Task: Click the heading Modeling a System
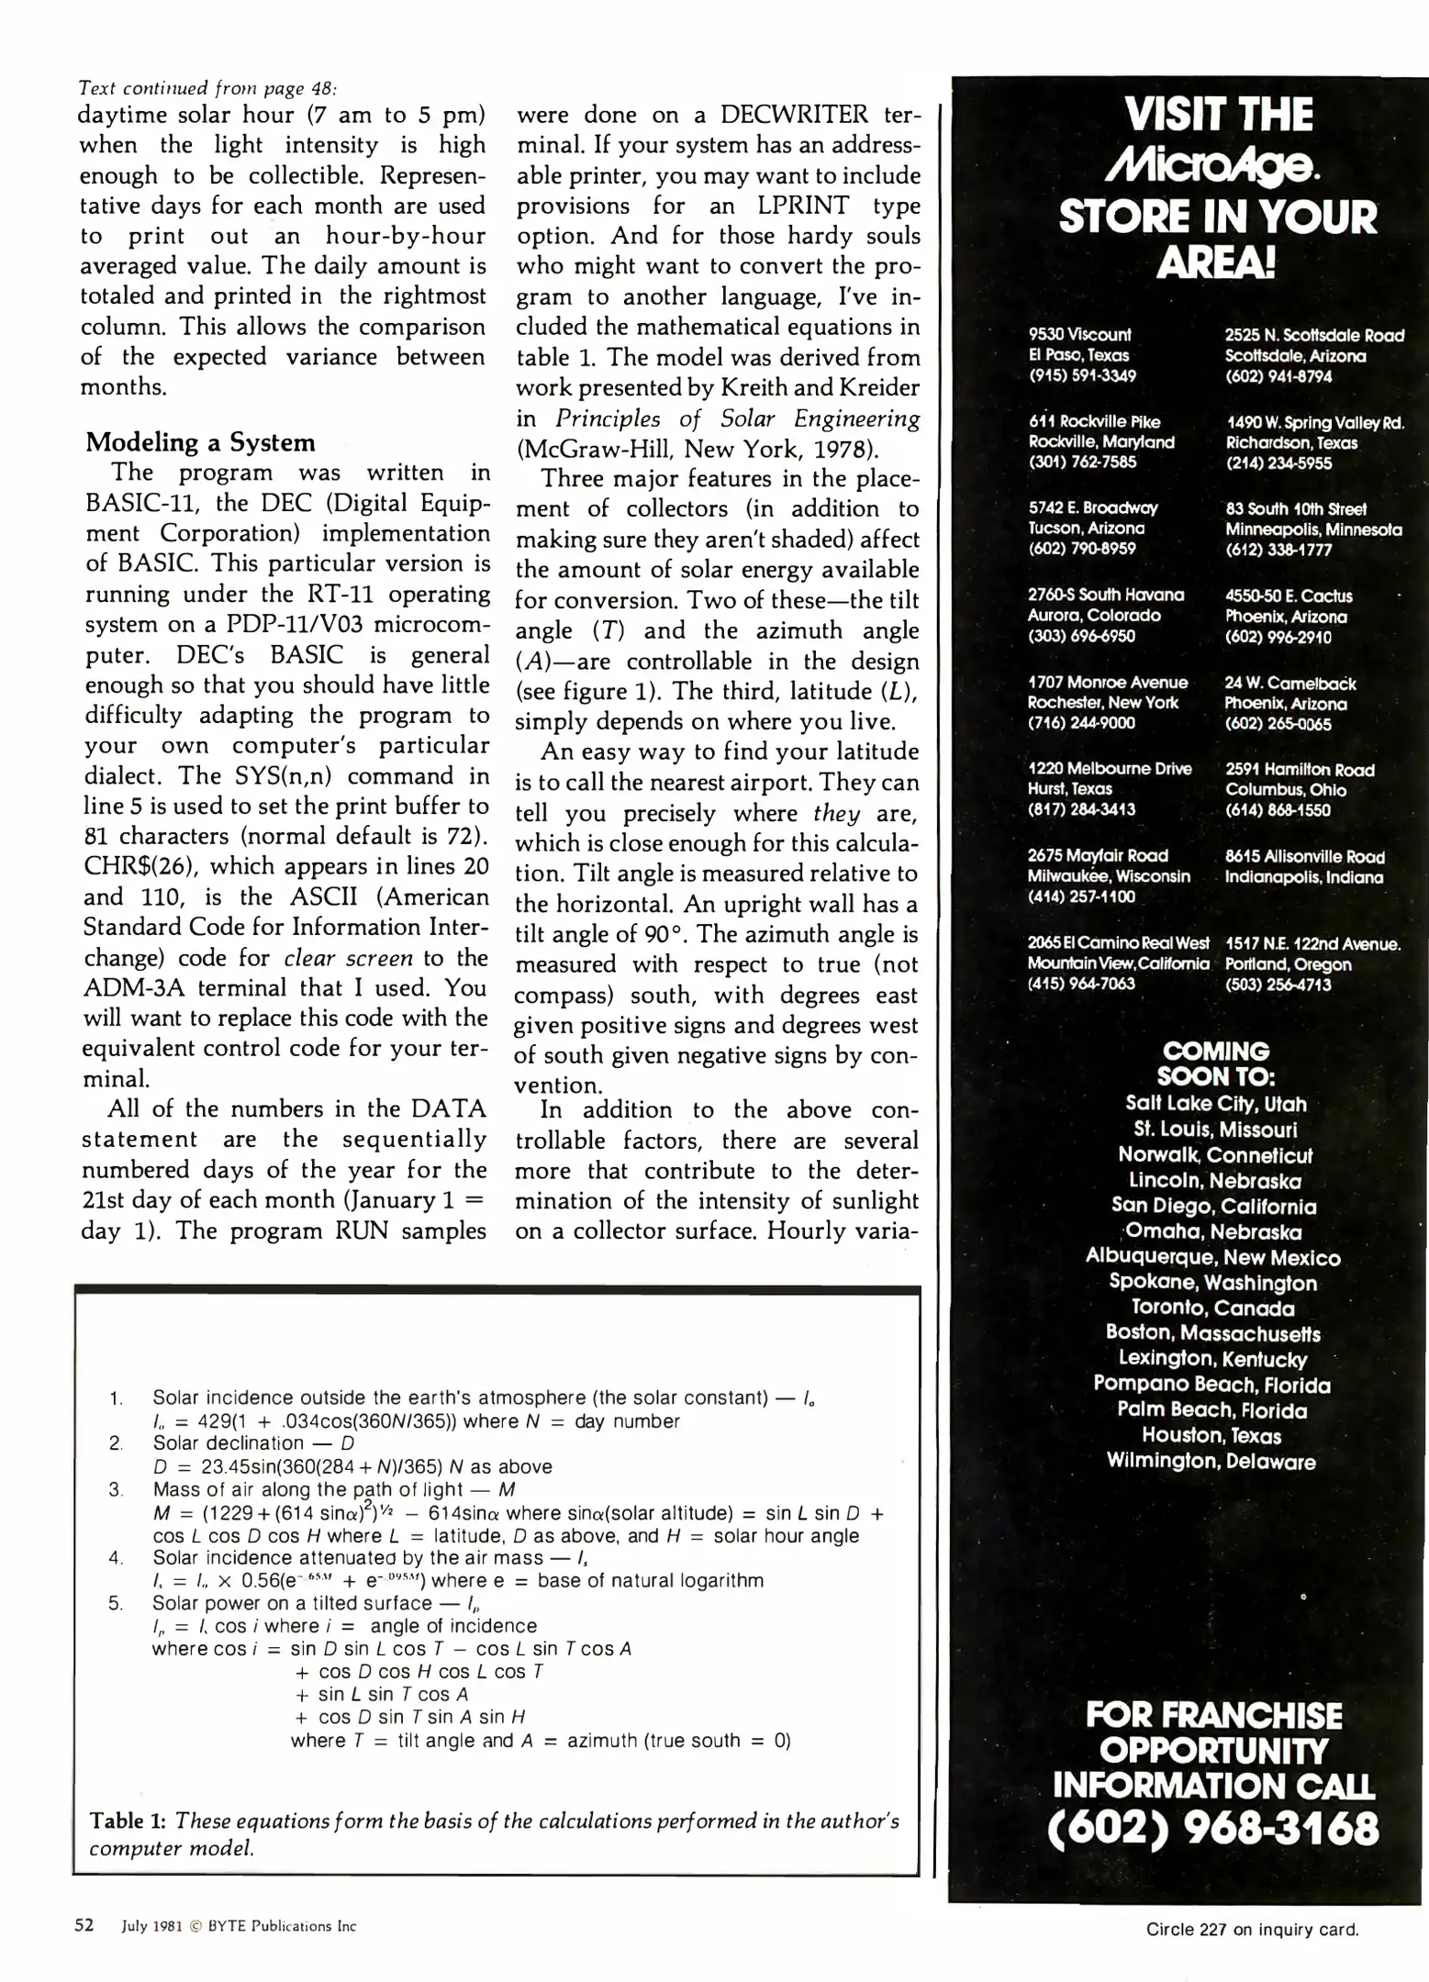(x=200, y=442)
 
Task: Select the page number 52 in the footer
(x=84, y=1926)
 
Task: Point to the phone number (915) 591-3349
(x=1082, y=375)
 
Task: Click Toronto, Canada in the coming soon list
(x=1212, y=1308)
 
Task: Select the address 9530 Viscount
(x=1079, y=335)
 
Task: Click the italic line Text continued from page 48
(x=208, y=88)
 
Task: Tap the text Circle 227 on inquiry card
(x=1252, y=1929)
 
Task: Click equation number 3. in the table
(x=116, y=1489)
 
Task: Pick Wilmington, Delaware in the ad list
(x=1211, y=1462)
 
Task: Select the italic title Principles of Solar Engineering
(x=737, y=419)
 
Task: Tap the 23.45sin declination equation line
(x=352, y=1466)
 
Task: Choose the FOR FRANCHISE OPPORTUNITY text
(x=1213, y=1732)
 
